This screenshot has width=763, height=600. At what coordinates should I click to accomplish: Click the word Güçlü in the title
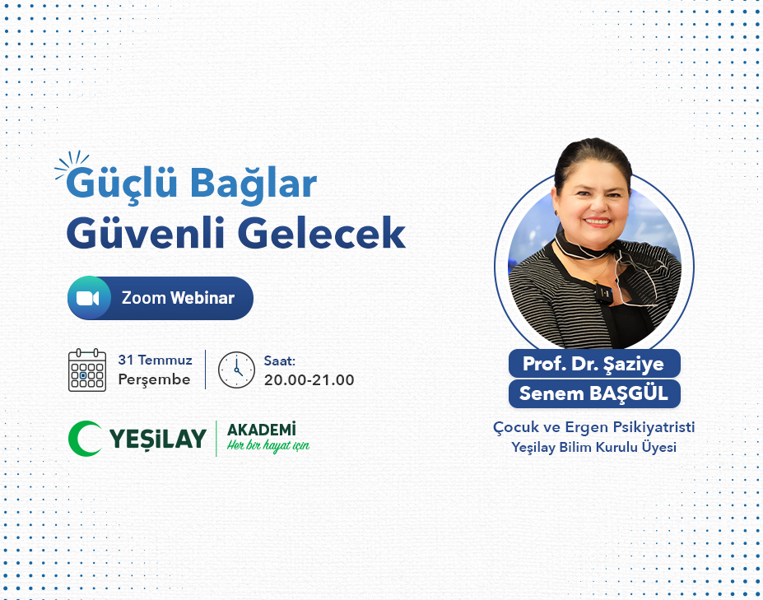[x=122, y=183]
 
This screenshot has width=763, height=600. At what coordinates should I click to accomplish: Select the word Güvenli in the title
[x=146, y=233]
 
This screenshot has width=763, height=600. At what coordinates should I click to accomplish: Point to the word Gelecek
[x=322, y=233]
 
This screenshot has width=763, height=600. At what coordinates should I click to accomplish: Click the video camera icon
[x=88, y=298]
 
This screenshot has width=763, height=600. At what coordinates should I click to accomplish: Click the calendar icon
[x=87, y=370]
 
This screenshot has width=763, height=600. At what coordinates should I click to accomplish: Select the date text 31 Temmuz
[x=156, y=360]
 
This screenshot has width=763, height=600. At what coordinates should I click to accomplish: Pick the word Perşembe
[x=154, y=379]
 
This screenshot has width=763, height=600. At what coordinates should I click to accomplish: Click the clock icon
[x=236, y=370]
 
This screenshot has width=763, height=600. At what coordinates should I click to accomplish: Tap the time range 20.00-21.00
[x=309, y=380]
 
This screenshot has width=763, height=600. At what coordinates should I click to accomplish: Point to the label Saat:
[x=280, y=361]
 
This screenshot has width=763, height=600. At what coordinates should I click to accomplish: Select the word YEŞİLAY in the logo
[x=158, y=439]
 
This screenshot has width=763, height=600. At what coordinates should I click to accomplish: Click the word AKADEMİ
[x=261, y=430]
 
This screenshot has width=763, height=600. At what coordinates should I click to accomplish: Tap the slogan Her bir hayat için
[x=268, y=446]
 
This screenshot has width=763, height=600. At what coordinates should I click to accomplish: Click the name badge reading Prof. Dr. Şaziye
[x=594, y=364]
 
